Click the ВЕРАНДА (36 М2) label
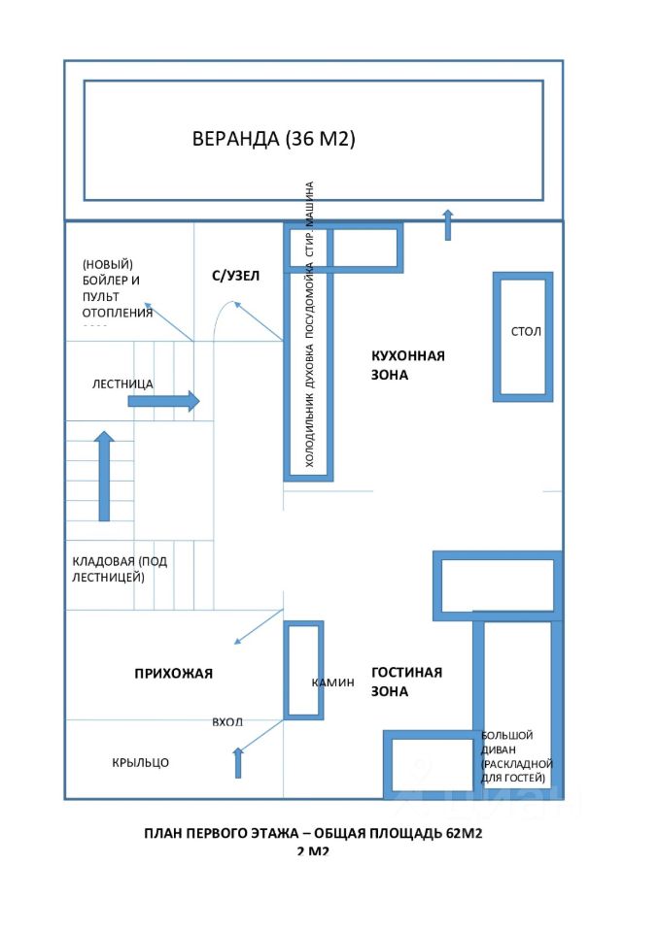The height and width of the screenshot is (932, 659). (x=274, y=139)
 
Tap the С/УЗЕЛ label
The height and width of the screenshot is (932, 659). (x=236, y=276)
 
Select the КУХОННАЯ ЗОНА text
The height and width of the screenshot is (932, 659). (x=407, y=364)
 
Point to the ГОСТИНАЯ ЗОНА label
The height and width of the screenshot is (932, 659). (x=406, y=682)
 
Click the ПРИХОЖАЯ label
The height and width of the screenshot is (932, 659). (x=173, y=673)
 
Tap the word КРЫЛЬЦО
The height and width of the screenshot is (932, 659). (x=140, y=762)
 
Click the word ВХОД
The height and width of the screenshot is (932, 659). (x=227, y=722)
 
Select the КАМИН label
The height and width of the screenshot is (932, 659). (x=332, y=682)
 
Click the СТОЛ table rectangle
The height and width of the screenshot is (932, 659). (x=525, y=336)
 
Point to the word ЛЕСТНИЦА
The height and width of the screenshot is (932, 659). (x=122, y=383)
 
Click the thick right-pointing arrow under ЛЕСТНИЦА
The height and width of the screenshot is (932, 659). (x=162, y=401)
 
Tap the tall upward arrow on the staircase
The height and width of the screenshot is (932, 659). (x=104, y=477)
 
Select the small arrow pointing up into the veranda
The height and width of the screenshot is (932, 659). (x=447, y=224)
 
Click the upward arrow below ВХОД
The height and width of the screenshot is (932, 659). (x=238, y=762)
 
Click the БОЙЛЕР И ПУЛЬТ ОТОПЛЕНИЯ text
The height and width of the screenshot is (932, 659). (x=118, y=288)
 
